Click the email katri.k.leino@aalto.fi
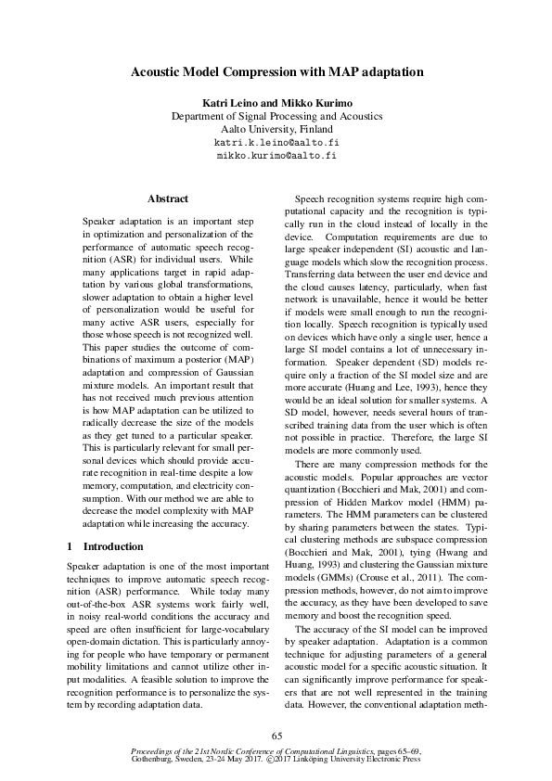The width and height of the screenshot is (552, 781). point(276,144)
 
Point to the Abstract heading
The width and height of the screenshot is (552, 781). point(168,198)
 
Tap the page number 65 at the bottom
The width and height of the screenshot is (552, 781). point(276,736)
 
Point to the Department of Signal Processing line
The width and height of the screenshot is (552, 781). point(276,116)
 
